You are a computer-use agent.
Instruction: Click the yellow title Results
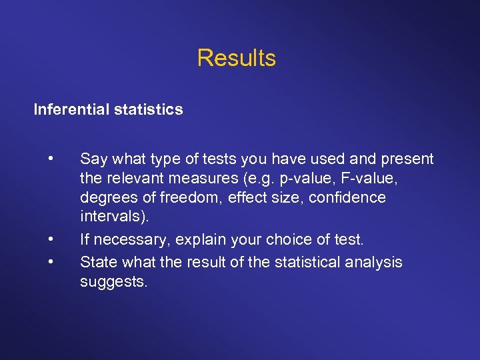(x=236, y=58)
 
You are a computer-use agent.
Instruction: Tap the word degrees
(x=106, y=198)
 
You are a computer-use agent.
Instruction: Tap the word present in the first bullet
(x=408, y=159)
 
